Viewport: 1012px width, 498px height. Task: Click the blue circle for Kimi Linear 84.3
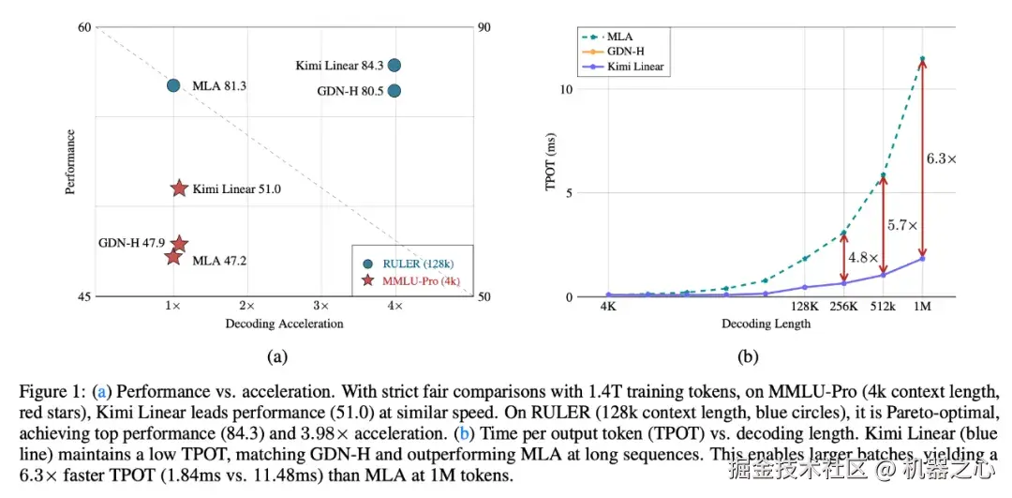tap(394, 66)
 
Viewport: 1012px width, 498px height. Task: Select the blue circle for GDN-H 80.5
tap(394, 91)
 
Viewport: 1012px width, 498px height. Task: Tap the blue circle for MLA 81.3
tap(173, 85)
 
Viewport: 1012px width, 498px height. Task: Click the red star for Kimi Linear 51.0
tap(180, 189)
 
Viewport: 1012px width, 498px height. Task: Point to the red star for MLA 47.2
tap(173, 257)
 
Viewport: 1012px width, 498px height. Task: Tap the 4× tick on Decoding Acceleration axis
tap(395, 307)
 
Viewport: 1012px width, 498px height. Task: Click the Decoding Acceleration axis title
tap(284, 324)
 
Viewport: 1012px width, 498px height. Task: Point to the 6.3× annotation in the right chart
tap(941, 159)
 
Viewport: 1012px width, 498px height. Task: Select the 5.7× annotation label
tap(902, 226)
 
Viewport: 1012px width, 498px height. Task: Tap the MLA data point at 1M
tap(922, 59)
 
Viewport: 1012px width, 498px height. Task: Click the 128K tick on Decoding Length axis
tap(805, 307)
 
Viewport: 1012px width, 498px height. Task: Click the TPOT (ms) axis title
tap(552, 162)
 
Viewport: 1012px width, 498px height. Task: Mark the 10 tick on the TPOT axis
tap(566, 90)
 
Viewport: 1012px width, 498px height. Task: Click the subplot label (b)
tap(748, 355)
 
